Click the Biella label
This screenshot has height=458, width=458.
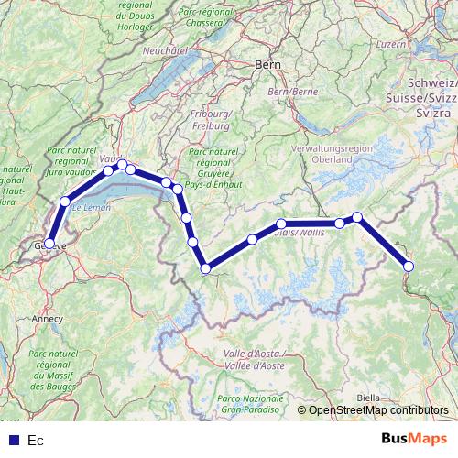(368, 397)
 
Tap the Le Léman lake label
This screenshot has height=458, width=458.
(91, 209)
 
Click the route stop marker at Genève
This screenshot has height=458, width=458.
(49, 244)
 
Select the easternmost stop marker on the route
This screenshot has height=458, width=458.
(409, 266)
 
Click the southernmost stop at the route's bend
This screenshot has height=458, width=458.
(206, 268)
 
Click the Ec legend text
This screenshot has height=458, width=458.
(36, 441)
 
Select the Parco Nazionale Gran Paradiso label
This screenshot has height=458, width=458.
(249, 403)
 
